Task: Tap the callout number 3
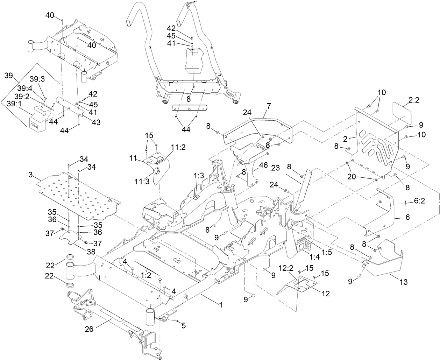[31, 174]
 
